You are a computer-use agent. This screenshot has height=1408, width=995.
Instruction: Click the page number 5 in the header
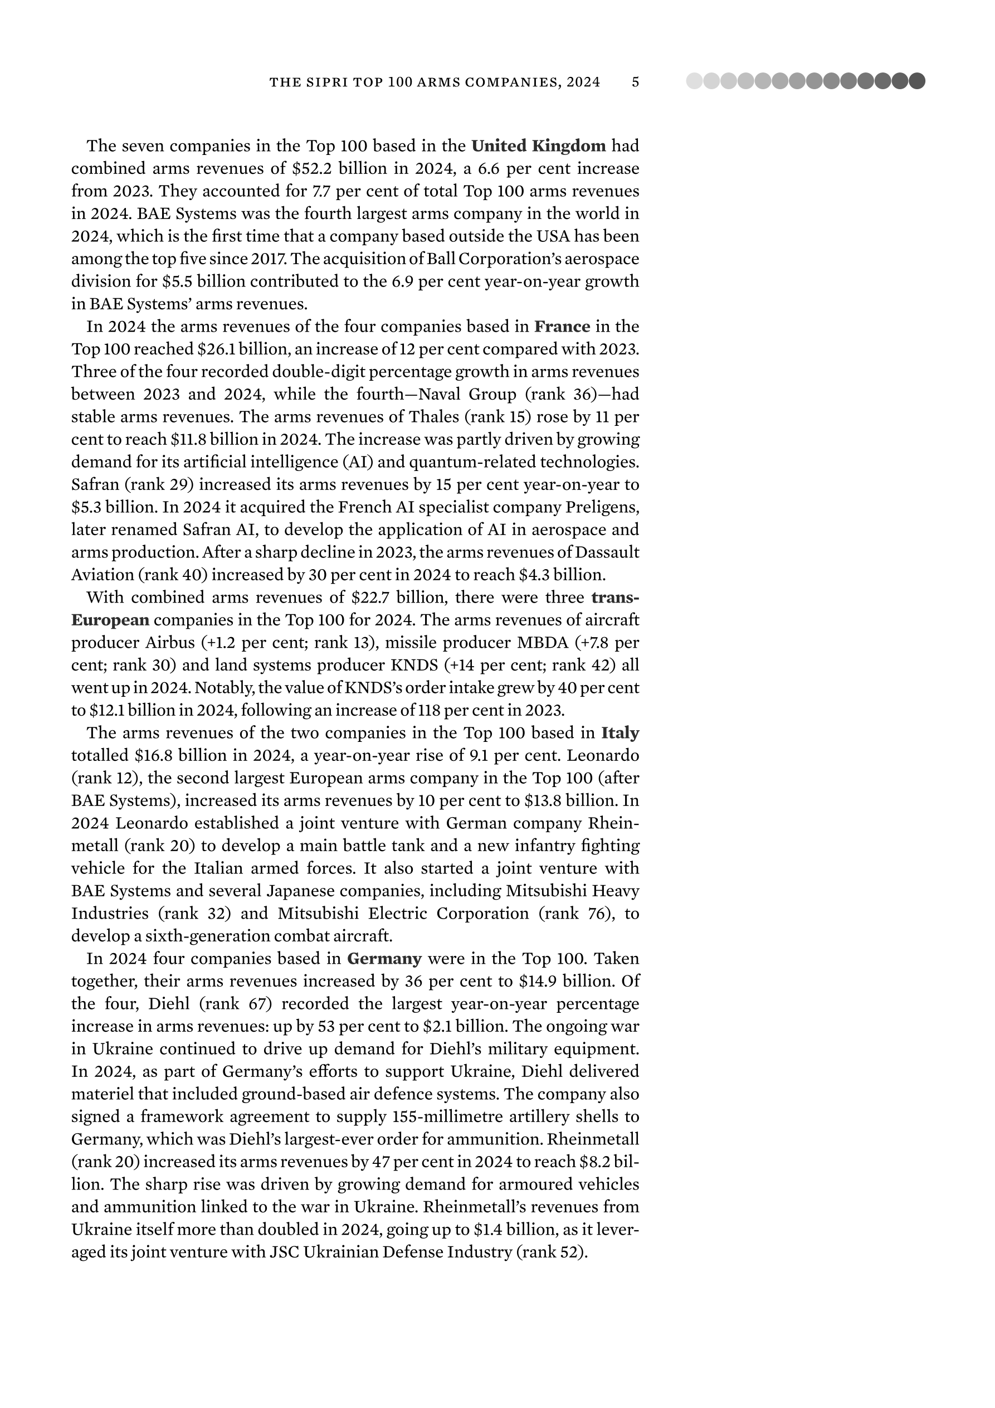[x=635, y=81]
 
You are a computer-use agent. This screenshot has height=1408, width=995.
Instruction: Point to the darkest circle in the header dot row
[x=916, y=81]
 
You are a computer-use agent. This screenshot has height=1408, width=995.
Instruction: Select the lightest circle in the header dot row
[x=694, y=81]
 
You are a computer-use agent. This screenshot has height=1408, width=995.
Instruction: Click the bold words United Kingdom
[x=538, y=146]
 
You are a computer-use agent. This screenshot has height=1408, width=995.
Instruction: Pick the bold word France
[x=562, y=326]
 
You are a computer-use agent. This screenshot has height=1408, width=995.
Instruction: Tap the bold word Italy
[x=620, y=733]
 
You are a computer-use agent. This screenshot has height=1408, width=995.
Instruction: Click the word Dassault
[x=607, y=552]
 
